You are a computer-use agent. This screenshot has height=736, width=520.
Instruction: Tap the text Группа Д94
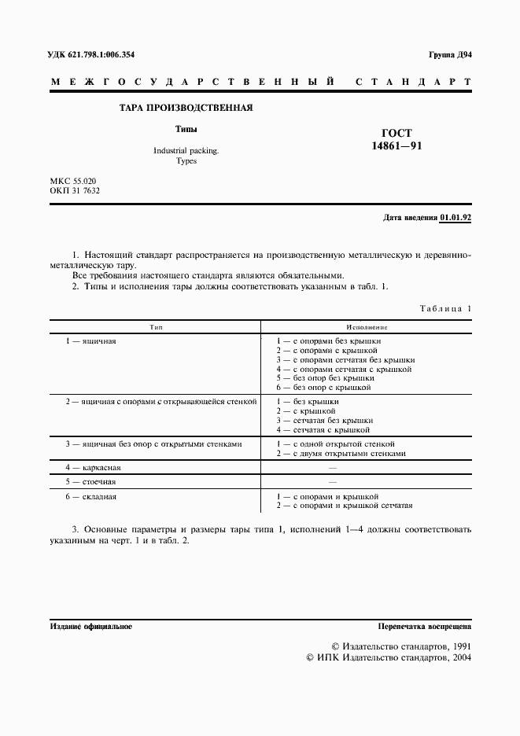449,54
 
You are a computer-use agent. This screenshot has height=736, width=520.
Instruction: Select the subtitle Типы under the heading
186,129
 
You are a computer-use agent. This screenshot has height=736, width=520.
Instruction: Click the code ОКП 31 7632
76,191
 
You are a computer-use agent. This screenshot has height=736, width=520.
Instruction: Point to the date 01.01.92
455,219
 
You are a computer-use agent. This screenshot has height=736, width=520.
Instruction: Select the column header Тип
155,326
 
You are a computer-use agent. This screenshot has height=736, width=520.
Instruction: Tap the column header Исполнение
367,326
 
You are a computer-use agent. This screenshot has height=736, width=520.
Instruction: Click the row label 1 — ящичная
91,341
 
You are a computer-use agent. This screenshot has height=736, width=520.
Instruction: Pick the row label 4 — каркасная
93,467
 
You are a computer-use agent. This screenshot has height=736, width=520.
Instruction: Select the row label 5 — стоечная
91,480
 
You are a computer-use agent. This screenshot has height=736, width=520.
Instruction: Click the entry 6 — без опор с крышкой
325,388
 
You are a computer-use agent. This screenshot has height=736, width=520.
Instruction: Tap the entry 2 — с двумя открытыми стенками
341,454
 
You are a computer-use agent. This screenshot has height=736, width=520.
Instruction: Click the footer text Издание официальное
90,627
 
